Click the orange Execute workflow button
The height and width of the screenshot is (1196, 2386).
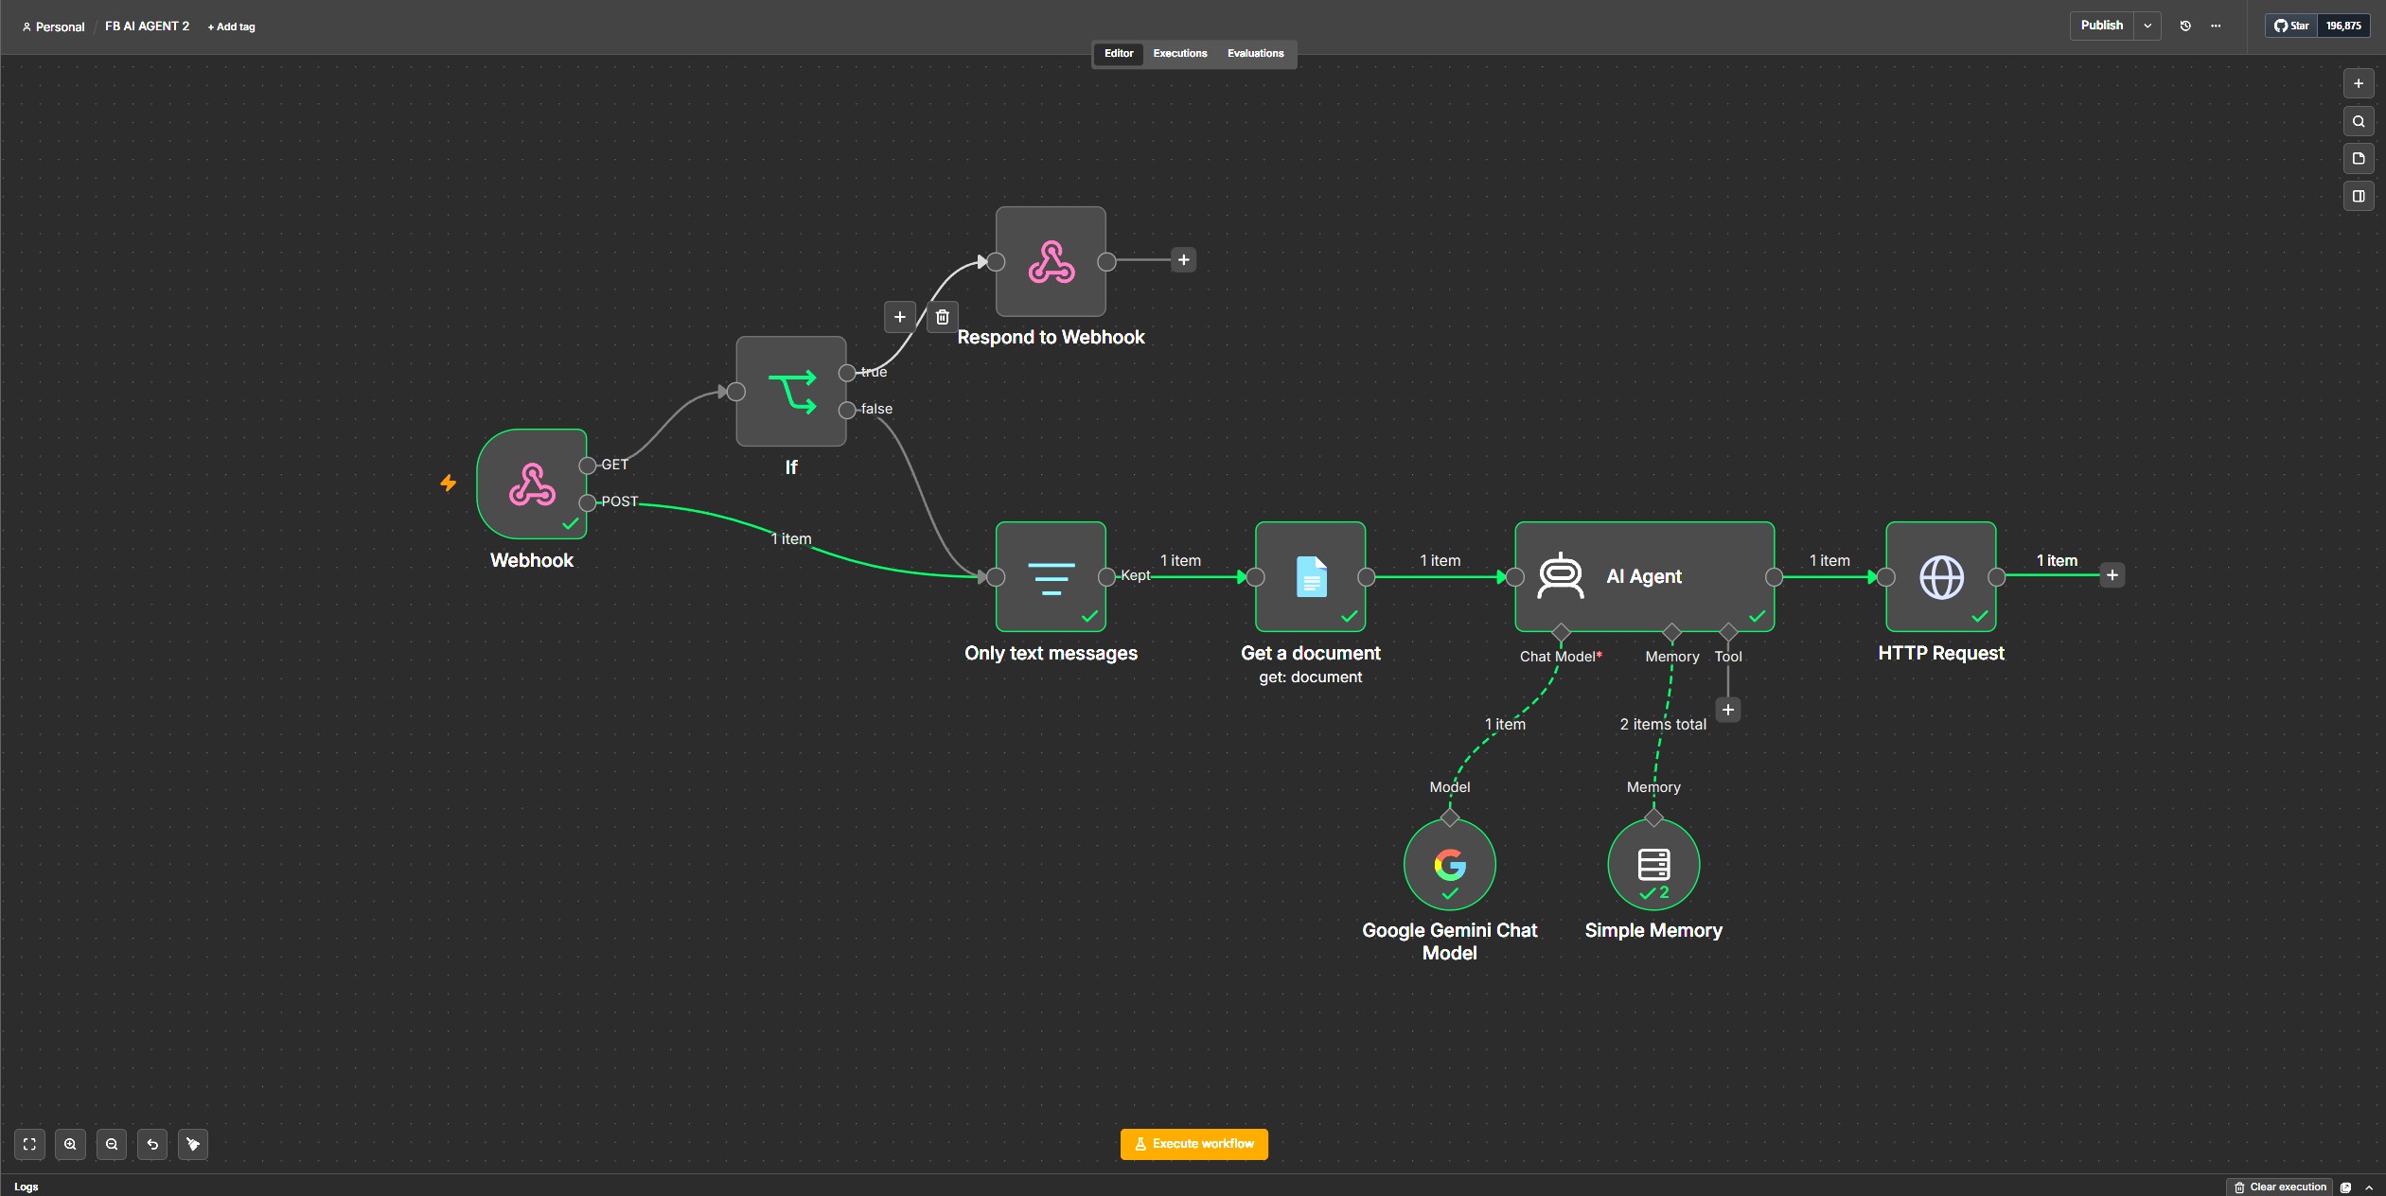click(1193, 1144)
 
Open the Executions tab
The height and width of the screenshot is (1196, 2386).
click(1179, 54)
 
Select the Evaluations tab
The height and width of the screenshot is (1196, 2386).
click(1255, 54)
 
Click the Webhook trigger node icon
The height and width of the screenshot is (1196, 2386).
click(532, 484)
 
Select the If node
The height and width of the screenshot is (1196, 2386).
click(791, 392)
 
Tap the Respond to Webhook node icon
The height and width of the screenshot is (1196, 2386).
click(1051, 261)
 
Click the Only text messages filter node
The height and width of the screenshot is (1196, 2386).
click(1051, 577)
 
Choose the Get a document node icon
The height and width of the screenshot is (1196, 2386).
click(1310, 577)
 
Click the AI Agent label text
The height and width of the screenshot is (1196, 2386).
click(1644, 576)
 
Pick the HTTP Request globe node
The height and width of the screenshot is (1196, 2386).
click(1940, 577)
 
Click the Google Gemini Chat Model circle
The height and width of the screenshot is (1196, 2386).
click(1449, 865)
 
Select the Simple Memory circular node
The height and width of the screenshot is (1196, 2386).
click(1653, 865)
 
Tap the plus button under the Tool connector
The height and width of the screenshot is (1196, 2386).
click(1728, 710)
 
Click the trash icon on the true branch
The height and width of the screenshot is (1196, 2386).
click(942, 317)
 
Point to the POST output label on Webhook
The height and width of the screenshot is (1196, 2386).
click(620, 501)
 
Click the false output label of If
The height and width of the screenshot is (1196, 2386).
click(876, 409)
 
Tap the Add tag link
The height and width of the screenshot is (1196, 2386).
click(232, 26)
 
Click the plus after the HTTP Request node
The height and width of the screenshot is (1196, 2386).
click(2112, 575)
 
